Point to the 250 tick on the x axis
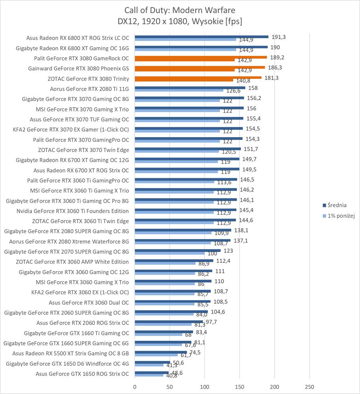click(x=309, y=387)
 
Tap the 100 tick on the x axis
click(x=205, y=387)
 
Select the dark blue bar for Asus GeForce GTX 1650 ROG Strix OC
click(x=152, y=372)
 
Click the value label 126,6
click(x=233, y=91)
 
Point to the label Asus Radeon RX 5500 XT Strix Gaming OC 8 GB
click(x=71, y=353)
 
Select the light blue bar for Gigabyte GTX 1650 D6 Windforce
click(x=149, y=365)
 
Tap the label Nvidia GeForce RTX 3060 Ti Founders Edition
click(x=72, y=211)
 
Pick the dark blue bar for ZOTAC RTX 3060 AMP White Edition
click(x=174, y=260)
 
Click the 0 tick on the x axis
click(x=135, y=387)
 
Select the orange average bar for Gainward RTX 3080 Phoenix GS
click(x=200, y=67)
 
